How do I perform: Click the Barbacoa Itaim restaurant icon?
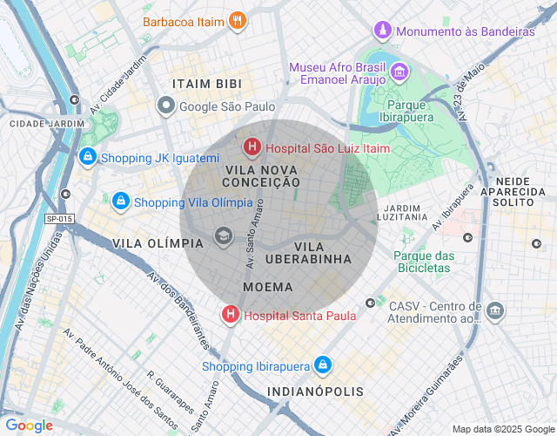click(237, 20)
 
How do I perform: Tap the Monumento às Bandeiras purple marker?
click(382, 31)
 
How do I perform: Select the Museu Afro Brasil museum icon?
click(399, 72)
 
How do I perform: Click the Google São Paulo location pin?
click(166, 106)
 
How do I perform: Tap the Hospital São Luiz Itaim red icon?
click(252, 148)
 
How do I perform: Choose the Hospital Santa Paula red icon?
click(231, 315)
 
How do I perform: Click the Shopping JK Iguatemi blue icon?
click(87, 158)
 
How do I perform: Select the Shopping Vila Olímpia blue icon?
click(121, 201)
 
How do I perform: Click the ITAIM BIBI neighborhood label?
click(207, 84)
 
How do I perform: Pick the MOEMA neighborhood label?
click(268, 286)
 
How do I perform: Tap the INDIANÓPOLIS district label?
click(315, 392)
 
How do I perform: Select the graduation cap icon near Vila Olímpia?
click(224, 236)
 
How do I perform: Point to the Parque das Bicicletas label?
click(424, 262)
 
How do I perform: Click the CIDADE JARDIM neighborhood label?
click(48, 124)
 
